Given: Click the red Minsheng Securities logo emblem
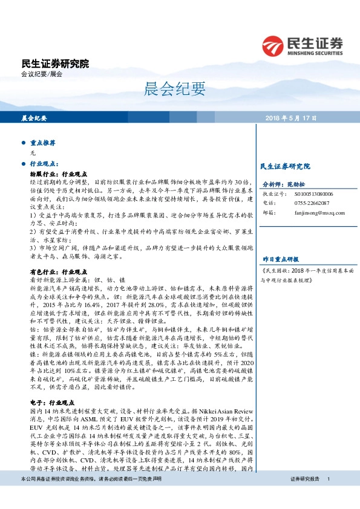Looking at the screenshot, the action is [x=273, y=45].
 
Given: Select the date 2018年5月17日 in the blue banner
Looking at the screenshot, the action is [x=290, y=117].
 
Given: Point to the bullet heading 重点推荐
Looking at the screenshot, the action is [x=43, y=143].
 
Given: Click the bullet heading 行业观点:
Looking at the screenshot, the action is [x=44, y=164].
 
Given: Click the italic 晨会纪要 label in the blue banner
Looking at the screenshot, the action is [x=34, y=117].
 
